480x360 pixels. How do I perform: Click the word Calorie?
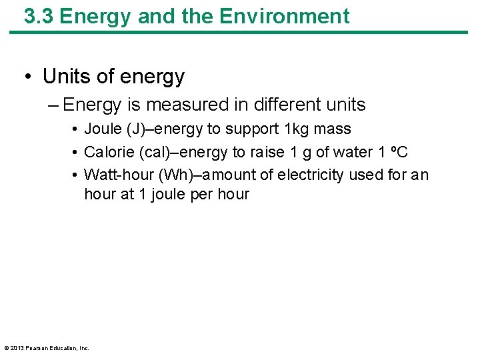click(x=107, y=153)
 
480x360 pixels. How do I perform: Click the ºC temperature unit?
click(x=399, y=153)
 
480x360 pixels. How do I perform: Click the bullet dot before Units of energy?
click(x=29, y=77)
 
